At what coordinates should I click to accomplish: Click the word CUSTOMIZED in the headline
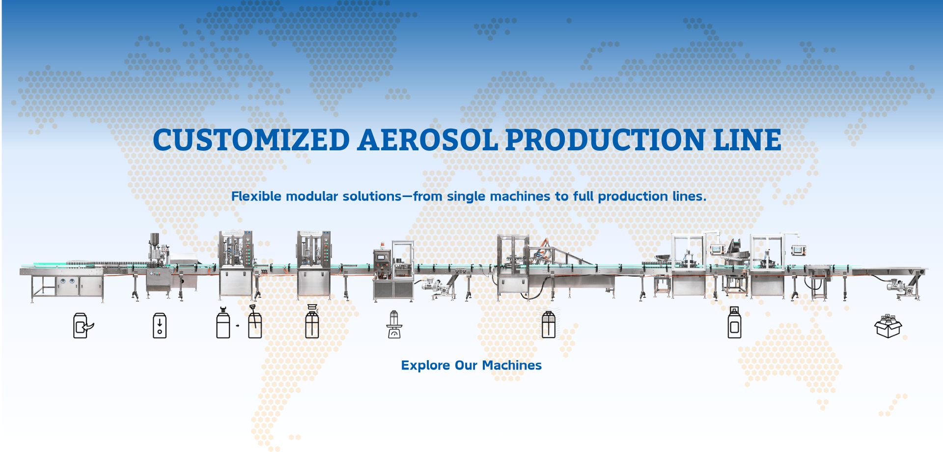tap(251, 140)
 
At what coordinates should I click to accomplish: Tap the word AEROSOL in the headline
tap(427, 140)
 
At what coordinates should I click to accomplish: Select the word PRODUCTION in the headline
tap(605, 140)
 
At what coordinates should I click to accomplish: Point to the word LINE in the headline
tap(747, 140)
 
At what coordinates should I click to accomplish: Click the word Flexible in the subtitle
tap(256, 196)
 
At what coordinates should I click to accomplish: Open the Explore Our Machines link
tap(471, 365)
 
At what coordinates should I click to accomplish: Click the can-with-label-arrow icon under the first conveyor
tap(83, 325)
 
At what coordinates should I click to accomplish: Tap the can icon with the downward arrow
tap(160, 325)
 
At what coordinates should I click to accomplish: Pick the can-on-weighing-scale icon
tap(394, 324)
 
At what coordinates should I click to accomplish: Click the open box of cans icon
tap(888, 326)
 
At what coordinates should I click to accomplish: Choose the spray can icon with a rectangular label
tap(734, 323)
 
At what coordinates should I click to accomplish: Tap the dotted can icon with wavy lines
tap(548, 324)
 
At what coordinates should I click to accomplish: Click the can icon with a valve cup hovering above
tap(312, 322)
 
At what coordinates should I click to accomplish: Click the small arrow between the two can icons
tap(238, 326)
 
